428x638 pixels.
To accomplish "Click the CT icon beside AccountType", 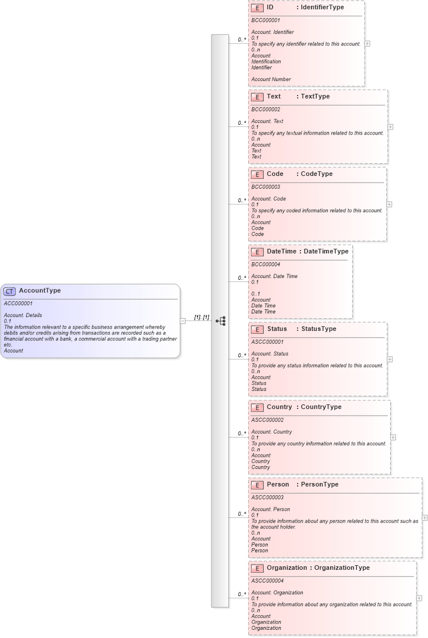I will point(10,291).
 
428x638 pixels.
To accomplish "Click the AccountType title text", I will point(40,291).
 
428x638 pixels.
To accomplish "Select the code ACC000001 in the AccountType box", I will point(18,304).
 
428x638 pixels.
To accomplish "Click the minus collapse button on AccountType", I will point(183,320).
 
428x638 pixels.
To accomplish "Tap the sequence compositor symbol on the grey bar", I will point(221,320).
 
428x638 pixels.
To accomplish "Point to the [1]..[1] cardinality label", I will point(201,318).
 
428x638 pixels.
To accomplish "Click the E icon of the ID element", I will point(257,8).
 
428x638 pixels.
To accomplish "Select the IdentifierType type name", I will point(322,8).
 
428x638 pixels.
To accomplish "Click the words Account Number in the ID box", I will point(271,79).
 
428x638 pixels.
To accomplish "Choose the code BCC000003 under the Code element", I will point(266,187).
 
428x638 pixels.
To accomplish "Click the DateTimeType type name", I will point(324,252).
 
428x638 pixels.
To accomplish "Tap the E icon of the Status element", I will point(257,330).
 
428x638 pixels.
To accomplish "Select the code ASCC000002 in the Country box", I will point(267,420).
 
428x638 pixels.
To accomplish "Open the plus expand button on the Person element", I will point(425,517).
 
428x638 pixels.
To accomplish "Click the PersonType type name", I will point(319,485).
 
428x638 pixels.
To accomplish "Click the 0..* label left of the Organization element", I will point(242,594).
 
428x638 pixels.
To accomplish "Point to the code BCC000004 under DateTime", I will point(266,265).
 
